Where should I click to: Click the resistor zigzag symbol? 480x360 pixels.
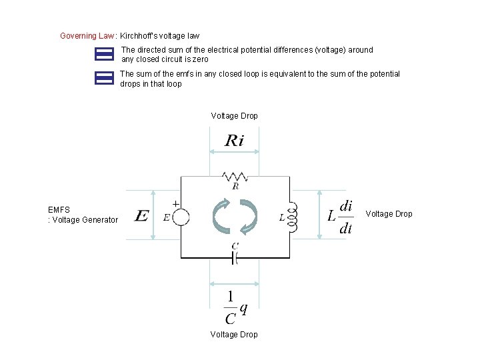(x=235, y=177)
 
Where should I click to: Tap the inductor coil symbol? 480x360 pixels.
(x=292, y=217)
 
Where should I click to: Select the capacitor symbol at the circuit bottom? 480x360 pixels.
(x=235, y=258)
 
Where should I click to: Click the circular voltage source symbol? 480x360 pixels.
(x=181, y=217)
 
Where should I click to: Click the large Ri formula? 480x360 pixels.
(x=234, y=141)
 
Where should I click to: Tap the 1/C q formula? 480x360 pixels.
(x=235, y=308)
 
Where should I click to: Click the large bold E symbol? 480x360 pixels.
(x=141, y=217)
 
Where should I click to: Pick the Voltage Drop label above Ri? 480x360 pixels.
(x=234, y=116)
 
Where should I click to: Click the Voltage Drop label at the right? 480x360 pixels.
(x=389, y=214)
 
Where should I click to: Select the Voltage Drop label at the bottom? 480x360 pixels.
(x=234, y=334)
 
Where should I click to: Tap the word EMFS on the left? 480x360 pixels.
(x=59, y=209)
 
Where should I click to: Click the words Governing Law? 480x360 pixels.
(x=87, y=35)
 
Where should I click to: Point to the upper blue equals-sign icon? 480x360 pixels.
(x=105, y=54)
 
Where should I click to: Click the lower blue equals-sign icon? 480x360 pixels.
(x=105, y=78)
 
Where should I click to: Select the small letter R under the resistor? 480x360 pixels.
(x=235, y=187)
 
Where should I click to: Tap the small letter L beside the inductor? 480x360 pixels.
(x=282, y=217)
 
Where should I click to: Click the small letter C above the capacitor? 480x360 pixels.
(x=235, y=247)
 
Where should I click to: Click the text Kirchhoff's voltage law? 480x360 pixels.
(x=159, y=35)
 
